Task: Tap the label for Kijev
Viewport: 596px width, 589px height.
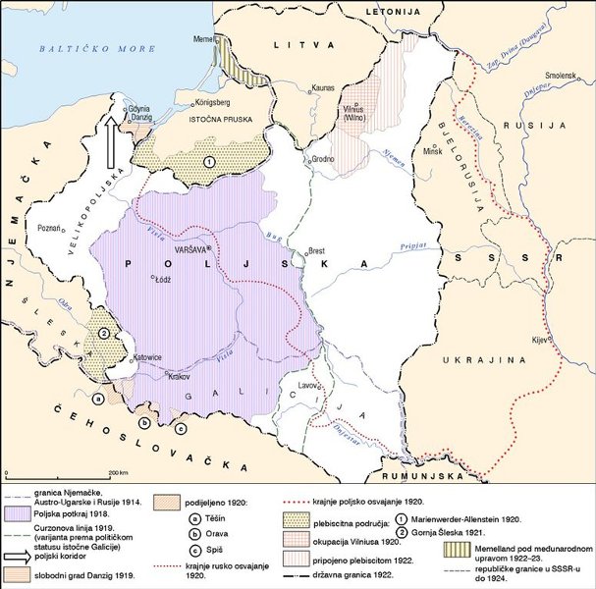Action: (538, 339)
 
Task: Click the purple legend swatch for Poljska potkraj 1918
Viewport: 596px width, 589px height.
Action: (16, 513)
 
